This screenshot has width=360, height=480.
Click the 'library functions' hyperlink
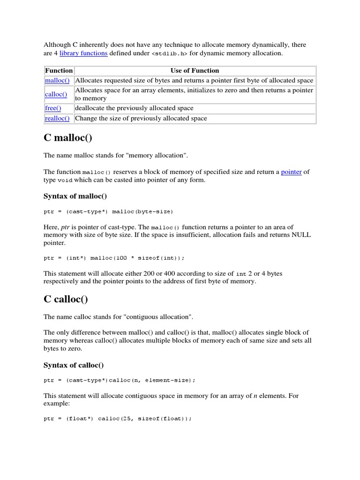pyautogui.click(x=83, y=53)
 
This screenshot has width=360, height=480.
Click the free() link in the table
pyautogui.click(x=53, y=108)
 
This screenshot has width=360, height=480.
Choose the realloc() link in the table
pyautogui.click(x=57, y=118)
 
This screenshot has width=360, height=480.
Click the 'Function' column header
pyautogui.click(x=59, y=70)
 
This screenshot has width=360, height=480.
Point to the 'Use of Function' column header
pyautogui.click(x=195, y=70)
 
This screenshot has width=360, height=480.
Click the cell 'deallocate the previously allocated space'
pyautogui.click(x=134, y=108)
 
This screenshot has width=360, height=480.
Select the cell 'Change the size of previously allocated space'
pyautogui.click(x=141, y=118)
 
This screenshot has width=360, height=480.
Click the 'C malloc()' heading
pyautogui.click(x=68, y=138)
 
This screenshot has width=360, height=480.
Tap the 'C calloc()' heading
pyautogui.click(x=66, y=299)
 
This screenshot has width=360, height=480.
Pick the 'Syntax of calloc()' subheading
pyautogui.click(x=74, y=365)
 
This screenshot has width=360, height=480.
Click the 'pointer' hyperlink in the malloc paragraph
pyautogui.click(x=291, y=172)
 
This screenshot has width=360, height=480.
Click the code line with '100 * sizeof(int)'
pyautogui.click(x=114, y=258)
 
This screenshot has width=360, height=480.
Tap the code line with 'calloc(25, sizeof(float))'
pyautogui.click(x=118, y=419)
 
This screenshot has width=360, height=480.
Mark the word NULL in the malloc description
pyautogui.click(x=301, y=235)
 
